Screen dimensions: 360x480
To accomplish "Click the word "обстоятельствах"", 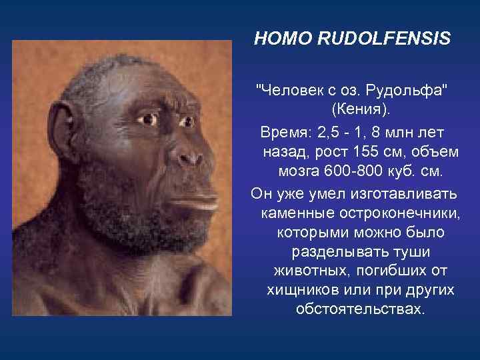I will (359, 310).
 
